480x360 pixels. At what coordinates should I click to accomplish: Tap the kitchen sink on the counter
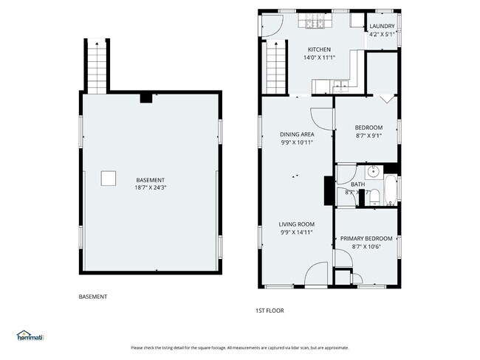(323, 88)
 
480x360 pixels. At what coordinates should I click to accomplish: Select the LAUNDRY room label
(383, 27)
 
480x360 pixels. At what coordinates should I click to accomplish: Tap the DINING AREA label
(297, 134)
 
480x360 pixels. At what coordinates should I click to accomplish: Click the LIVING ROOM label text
(297, 224)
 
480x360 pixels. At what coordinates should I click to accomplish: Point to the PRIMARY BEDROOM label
(366, 238)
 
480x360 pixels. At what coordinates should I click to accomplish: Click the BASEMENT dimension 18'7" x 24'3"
(150, 188)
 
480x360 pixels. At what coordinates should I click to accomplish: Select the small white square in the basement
(109, 178)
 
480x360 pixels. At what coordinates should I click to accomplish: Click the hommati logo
(30, 336)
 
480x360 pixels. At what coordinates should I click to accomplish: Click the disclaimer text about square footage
(240, 347)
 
